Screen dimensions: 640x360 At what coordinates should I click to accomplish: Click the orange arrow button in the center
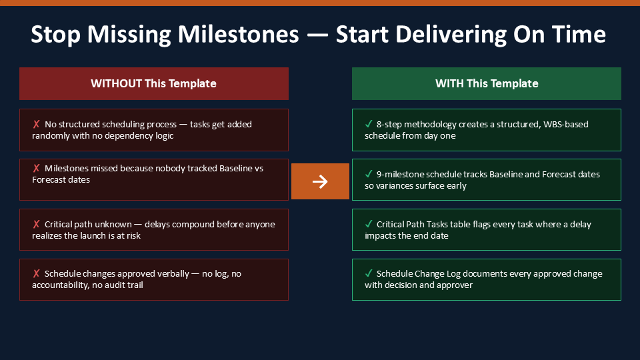[x=320, y=181]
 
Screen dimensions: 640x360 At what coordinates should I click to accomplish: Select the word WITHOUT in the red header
[x=116, y=83]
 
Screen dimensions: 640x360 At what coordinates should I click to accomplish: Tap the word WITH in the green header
[x=449, y=83]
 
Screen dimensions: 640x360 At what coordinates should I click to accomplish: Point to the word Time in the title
[x=579, y=34]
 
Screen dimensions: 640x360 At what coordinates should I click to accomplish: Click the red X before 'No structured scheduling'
[x=36, y=124]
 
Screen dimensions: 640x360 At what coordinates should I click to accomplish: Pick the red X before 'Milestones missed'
[x=36, y=168]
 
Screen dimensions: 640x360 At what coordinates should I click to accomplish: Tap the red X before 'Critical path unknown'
[x=36, y=224]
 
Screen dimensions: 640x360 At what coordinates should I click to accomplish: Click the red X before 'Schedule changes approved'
[x=36, y=273]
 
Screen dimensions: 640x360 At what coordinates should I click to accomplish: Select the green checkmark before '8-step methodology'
[x=369, y=124]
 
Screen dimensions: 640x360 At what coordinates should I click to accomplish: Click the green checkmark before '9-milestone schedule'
[x=369, y=174]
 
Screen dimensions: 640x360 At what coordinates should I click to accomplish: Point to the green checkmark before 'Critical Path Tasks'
[x=369, y=224]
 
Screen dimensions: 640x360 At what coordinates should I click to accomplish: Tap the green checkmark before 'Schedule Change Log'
[x=369, y=273]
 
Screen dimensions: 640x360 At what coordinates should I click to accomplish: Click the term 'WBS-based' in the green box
[x=565, y=124]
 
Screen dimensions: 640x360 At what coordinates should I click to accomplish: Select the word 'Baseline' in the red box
[x=236, y=168]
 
